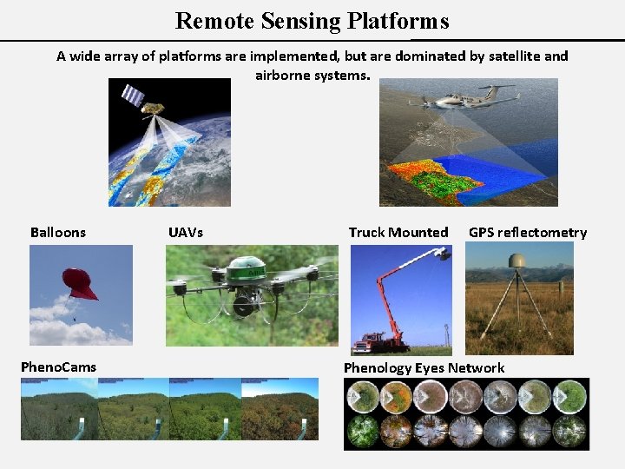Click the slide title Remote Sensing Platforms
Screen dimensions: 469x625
(312, 20)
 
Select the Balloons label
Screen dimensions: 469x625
(58, 232)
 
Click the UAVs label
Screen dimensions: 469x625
(185, 232)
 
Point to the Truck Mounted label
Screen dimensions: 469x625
(398, 232)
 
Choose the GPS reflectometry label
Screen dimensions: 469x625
(528, 232)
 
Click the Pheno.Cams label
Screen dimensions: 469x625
(58, 367)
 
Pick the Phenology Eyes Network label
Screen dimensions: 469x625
(424, 367)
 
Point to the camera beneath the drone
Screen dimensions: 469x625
(244, 305)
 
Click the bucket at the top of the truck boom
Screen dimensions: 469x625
(443, 254)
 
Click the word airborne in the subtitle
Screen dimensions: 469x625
(283, 76)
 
